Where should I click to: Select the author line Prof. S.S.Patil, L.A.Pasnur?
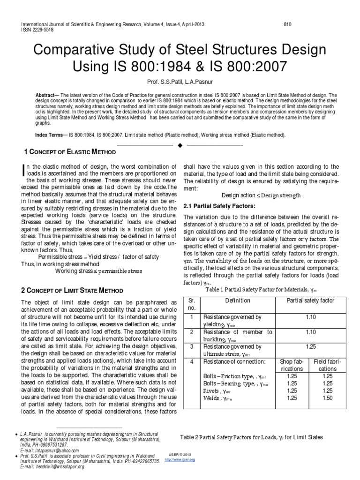click(x=180, y=82)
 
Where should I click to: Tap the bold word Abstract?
click(x=45, y=95)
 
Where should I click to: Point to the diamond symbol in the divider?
click(x=180, y=145)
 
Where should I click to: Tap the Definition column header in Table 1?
click(x=238, y=300)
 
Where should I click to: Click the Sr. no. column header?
click(x=191, y=304)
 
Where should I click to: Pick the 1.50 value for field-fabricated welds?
click(x=328, y=397)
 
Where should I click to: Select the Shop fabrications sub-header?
click(x=292, y=365)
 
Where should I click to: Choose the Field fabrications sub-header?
click(x=328, y=365)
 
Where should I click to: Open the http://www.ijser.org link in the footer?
click(x=184, y=460)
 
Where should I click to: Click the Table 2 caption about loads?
click(x=251, y=437)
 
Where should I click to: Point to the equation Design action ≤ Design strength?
click(x=261, y=195)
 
